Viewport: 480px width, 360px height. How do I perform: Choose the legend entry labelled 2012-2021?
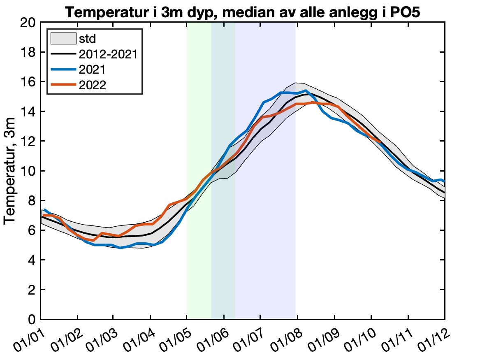click(107, 54)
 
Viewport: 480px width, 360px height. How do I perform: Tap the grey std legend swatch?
click(63, 39)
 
